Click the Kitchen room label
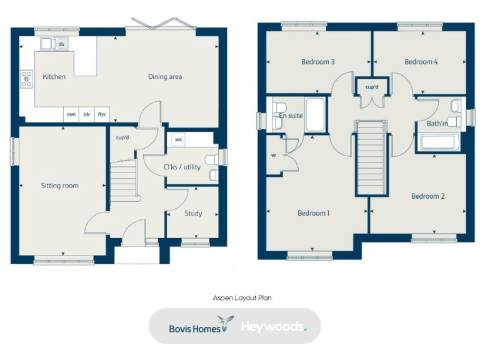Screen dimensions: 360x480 click(x=54, y=77)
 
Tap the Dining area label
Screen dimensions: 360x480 click(x=165, y=77)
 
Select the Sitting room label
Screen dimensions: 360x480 click(x=60, y=186)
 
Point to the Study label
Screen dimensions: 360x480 click(x=193, y=214)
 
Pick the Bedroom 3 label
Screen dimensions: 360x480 click(x=318, y=62)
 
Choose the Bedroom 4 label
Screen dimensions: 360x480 click(x=421, y=62)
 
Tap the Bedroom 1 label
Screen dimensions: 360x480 click(x=314, y=213)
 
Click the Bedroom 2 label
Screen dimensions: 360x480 click(x=428, y=196)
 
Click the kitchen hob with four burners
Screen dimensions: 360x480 click(x=27, y=79)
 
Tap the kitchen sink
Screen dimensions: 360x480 click(x=47, y=44)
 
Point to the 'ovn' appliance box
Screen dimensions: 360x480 click(x=71, y=114)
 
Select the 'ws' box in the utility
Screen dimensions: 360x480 click(x=178, y=139)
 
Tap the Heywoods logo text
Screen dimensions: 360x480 click(x=273, y=326)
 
